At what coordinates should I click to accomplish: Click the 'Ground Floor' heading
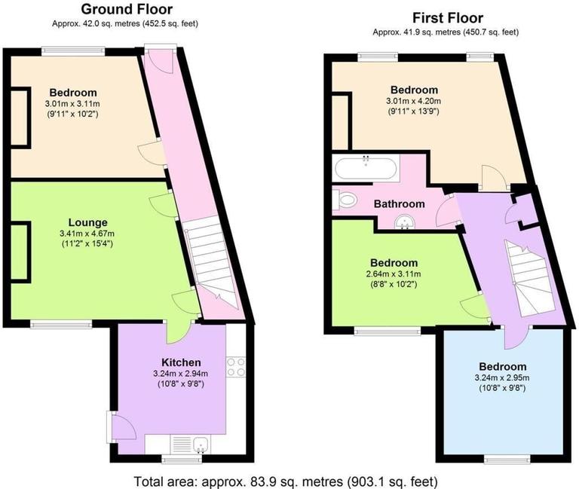126,10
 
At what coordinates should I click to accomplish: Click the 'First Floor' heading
448,18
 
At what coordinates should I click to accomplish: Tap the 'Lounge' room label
87,222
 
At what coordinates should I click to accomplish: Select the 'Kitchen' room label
181,359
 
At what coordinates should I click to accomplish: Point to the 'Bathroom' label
400,203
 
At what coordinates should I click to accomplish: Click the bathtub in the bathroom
365,168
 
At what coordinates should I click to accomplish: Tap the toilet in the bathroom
345,200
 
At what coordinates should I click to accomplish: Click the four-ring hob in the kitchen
235,367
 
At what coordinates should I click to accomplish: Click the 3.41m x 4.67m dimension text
87,234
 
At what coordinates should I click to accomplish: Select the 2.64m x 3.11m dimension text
388,274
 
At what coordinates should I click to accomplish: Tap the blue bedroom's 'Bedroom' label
501,367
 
